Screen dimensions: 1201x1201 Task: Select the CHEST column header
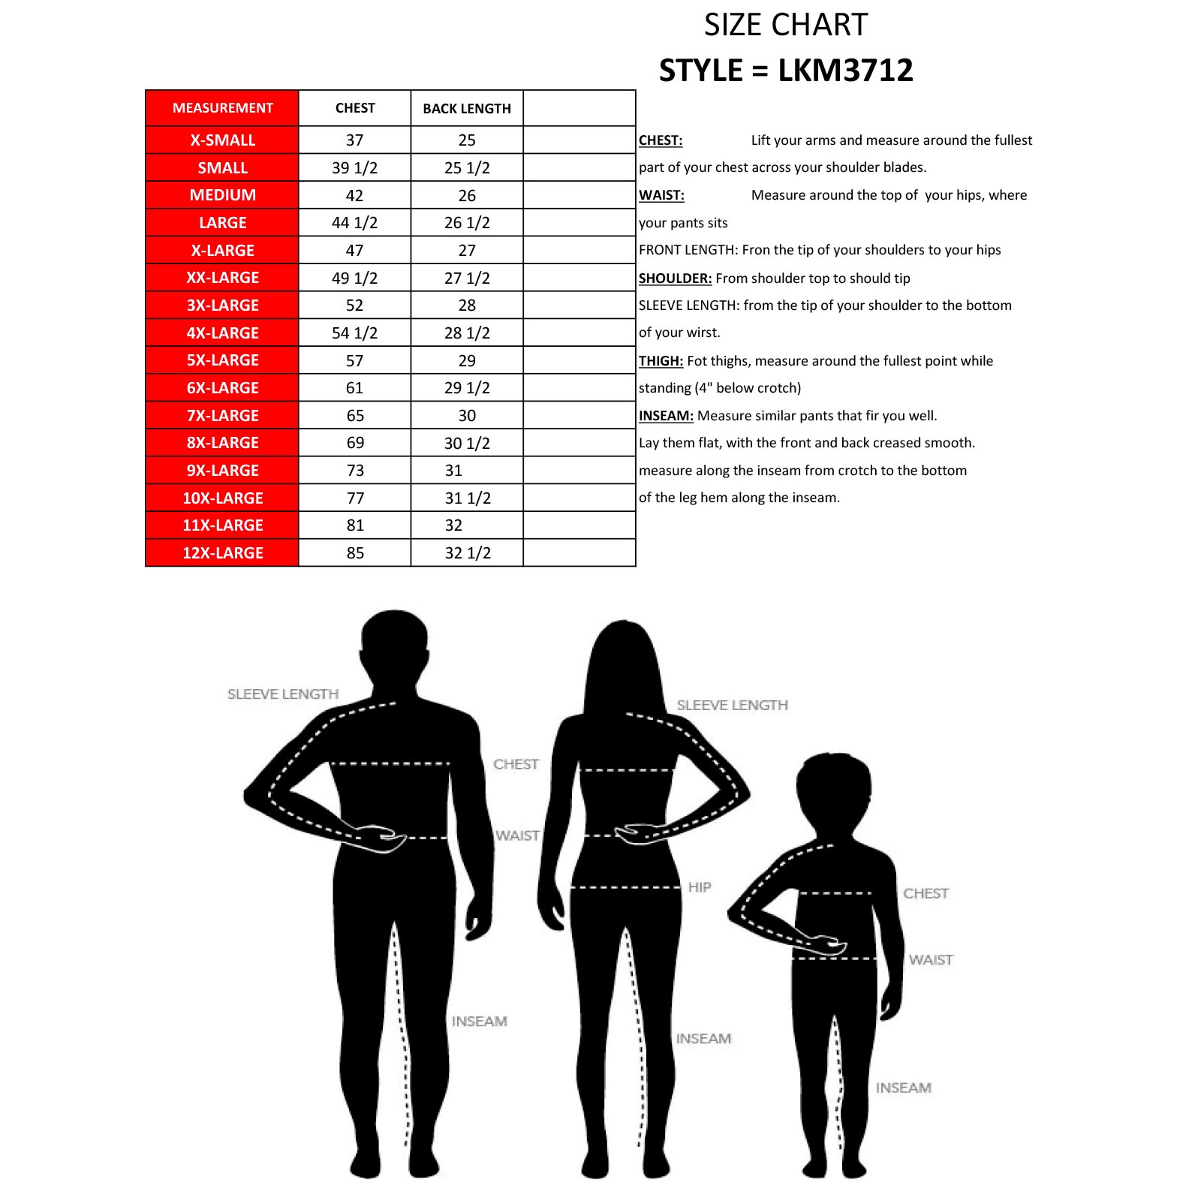click(x=355, y=108)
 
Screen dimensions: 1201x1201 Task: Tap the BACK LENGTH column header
click(x=467, y=109)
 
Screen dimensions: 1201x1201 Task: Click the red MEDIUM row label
click(x=222, y=195)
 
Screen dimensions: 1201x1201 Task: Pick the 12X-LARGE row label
click(x=222, y=553)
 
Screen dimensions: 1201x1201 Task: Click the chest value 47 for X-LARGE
click(x=354, y=251)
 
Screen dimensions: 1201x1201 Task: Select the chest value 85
click(x=355, y=553)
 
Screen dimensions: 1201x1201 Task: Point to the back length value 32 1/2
click(x=467, y=553)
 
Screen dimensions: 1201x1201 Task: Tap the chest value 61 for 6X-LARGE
click(x=354, y=388)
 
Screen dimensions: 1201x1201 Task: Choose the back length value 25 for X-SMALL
click(x=467, y=140)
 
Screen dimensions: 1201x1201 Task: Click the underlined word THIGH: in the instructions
click(x=661, y=361)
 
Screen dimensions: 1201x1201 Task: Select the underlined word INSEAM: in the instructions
click(x=666, y=416)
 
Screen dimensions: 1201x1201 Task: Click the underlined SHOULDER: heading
click(x=675, y=278)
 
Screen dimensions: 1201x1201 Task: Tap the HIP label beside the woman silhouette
click(x=700, y=887)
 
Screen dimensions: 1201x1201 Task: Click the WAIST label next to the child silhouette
click(x=931, y=960)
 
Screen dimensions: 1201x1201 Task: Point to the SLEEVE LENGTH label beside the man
click(x=283, y=694)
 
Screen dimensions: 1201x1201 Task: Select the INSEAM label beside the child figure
click(x=903, y=1088)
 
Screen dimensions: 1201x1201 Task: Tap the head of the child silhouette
click(x=833, y=788)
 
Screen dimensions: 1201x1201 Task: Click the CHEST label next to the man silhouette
click(x=516, y=764)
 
